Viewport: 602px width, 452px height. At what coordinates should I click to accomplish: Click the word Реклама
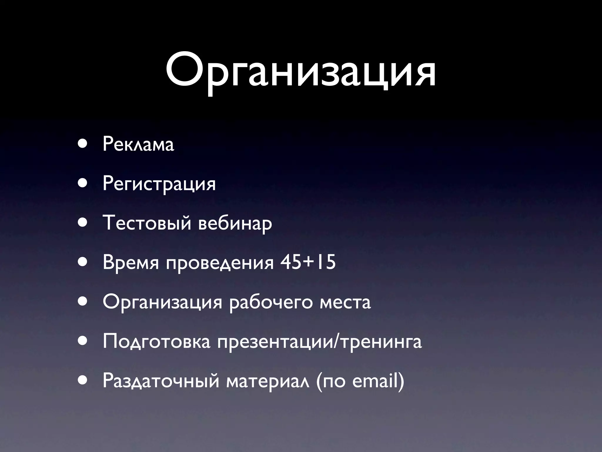coord(138,144)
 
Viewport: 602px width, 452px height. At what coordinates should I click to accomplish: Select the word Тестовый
coord(147,223)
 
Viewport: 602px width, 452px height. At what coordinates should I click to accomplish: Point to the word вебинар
coord(235,223)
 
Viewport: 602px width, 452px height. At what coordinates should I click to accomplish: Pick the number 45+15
coord(308,262)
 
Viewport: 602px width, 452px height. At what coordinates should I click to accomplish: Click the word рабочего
coord(271,302)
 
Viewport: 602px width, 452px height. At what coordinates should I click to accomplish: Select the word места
coord(345,302)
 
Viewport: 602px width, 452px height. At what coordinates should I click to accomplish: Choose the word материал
coord(268,381)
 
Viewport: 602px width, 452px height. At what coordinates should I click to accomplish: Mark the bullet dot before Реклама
coord(83,144)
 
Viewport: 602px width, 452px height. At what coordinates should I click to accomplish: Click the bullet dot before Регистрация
coord(83,184)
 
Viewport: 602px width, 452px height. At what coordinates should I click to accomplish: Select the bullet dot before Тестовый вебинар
coord(83,223)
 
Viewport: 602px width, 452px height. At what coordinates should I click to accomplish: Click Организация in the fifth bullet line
coord(163,302)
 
